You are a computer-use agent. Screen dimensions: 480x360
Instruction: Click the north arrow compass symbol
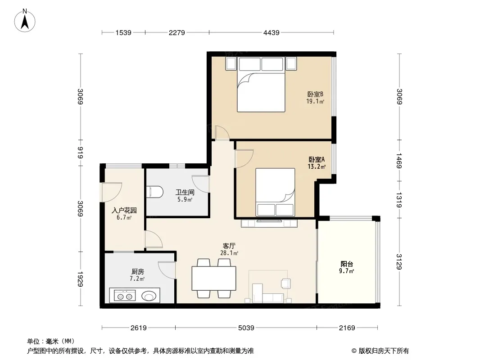(25, 21)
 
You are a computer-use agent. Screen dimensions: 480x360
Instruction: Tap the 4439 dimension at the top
(271, 32)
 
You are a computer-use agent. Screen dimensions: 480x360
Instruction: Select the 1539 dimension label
(123, 32)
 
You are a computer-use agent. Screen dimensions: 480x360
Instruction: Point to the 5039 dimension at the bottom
(246, 328)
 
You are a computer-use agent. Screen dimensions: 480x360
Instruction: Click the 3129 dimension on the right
(399, 262)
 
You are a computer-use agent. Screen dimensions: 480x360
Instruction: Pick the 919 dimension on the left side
(80, 153)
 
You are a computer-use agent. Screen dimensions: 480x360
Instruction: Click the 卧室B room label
(315, 94)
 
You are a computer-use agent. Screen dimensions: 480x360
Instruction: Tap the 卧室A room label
(317, 160)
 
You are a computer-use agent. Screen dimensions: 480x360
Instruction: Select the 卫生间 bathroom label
(185, 193)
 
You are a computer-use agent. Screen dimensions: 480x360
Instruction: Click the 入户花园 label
(124, 211)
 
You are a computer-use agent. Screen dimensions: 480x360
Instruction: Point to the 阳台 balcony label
(347, 264)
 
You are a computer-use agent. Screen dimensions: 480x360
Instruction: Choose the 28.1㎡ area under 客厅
(229, 253)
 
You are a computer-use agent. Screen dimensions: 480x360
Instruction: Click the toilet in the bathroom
(155, 192)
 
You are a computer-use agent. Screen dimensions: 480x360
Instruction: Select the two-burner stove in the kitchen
(125, 296)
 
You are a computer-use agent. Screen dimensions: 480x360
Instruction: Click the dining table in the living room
(214, 279)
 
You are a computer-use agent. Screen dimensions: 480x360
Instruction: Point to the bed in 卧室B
(261, 85)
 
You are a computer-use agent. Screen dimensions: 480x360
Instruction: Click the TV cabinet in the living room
(269, 223)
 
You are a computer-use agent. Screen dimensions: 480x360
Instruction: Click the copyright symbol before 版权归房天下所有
(354, 351)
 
